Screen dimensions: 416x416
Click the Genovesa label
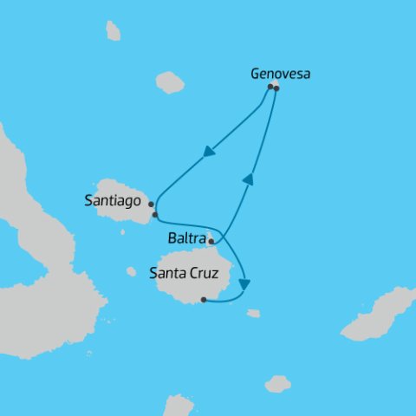click(x=280, y=74)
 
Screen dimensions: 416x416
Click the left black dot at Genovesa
click(x=270, y=87)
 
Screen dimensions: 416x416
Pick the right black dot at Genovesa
click(x=276, y=88)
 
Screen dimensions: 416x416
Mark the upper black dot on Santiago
click(x=151, y=205)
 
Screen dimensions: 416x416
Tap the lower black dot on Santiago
click(x=154, y=214)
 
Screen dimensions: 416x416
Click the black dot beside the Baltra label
click(x=211, y=242)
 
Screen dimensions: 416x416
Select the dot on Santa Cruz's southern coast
click(x=203, y=300)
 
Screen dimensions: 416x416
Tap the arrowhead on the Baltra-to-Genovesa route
click(x=248, y=179)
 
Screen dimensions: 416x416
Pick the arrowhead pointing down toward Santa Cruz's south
click(x=248, y=283)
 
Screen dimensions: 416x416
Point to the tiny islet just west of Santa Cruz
click(x=131, y=271)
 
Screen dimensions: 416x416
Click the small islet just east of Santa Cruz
click(x=253, y=313)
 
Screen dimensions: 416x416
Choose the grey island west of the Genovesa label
click(x=170, y=82)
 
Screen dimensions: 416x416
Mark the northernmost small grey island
click(x=113, y=31)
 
